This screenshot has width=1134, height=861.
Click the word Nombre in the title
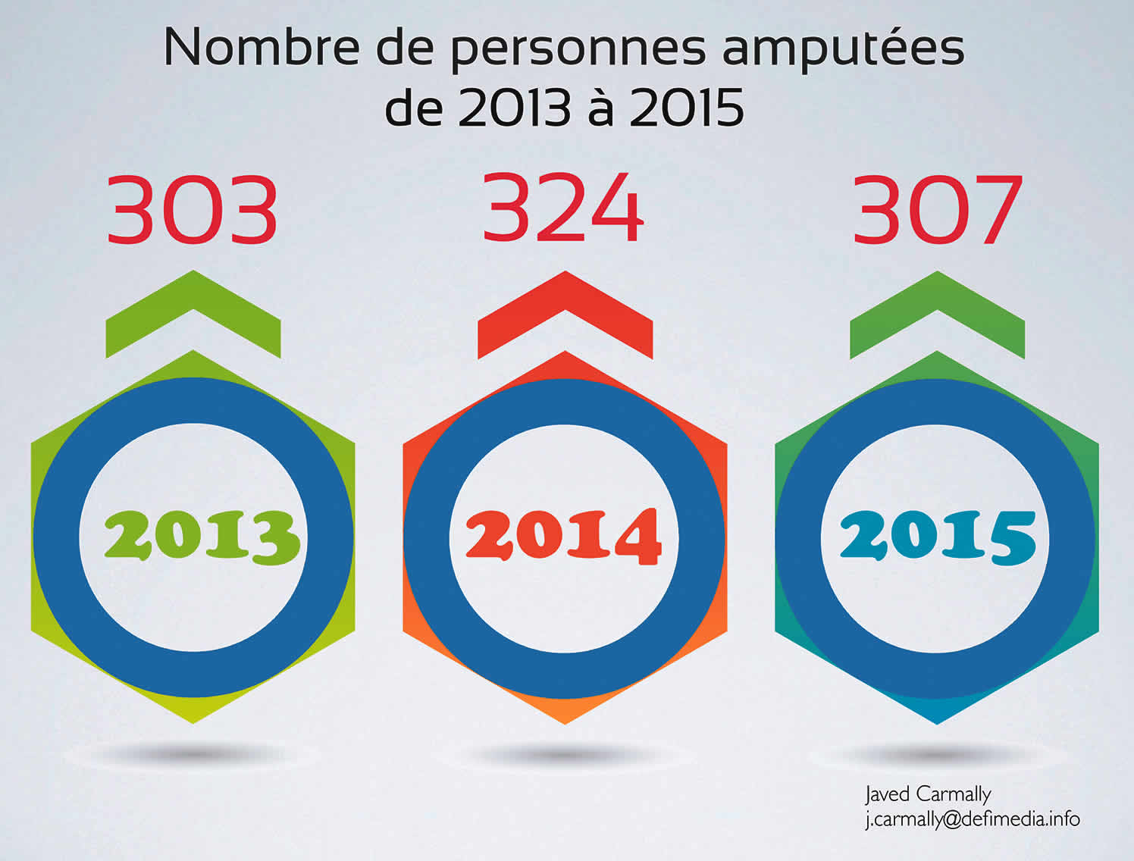click(261, 47)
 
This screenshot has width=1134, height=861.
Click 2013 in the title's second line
click(514, 108)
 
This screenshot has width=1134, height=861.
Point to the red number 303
click(193, 210)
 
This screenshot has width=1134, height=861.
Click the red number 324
click(563, 208)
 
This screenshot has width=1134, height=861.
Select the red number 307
click(938, 210)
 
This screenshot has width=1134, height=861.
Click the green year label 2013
click(202, 536)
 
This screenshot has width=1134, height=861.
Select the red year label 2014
click(563, 537)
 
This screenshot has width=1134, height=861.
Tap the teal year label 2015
click(937, 536)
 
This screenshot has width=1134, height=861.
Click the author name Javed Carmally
click(928, 794)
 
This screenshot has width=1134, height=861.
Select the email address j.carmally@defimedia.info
click(973, 819)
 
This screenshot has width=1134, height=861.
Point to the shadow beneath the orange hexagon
click(565, 755)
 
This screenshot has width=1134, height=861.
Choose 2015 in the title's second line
click(687, 108)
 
